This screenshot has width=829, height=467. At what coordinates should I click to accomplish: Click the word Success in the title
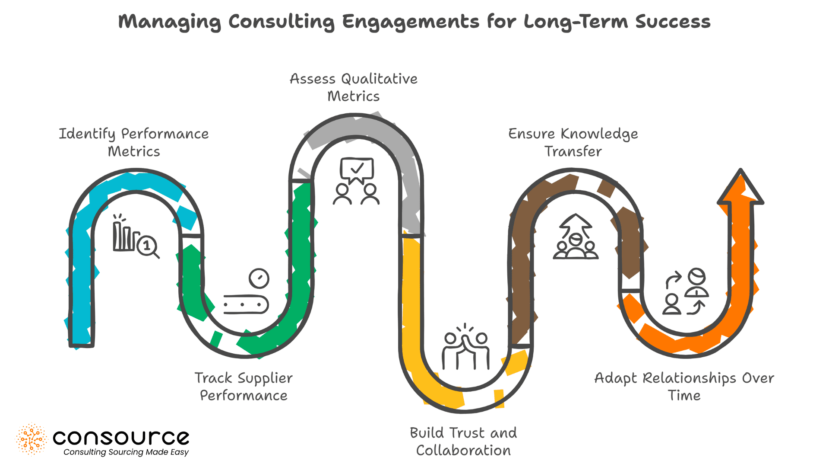point(673,22)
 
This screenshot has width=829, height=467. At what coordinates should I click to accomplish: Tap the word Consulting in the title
point(282,22)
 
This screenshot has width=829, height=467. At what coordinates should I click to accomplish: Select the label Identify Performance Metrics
point(134,142)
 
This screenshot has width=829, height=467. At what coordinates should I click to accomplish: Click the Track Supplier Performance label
point(244,386)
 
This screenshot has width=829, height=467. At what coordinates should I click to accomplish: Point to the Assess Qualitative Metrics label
point(354,87)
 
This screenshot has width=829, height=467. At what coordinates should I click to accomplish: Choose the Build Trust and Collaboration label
point(463,441)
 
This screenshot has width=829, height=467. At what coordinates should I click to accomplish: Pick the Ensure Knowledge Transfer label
point(573,142)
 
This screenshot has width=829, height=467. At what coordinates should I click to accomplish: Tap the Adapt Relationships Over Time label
point(684,386)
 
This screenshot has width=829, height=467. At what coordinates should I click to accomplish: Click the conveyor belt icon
point(246,304)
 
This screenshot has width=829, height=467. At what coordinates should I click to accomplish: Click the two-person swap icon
point(686,291)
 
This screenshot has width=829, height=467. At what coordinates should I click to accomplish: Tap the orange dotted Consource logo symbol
point(31,439)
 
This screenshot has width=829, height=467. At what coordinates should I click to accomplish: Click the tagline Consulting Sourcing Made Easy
point(126,452)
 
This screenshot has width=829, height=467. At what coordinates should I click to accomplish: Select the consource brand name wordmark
point(121,438)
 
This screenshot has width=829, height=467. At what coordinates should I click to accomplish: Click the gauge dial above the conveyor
point(259,278)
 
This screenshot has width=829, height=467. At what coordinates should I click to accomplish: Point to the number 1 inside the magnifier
point(147,246)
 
